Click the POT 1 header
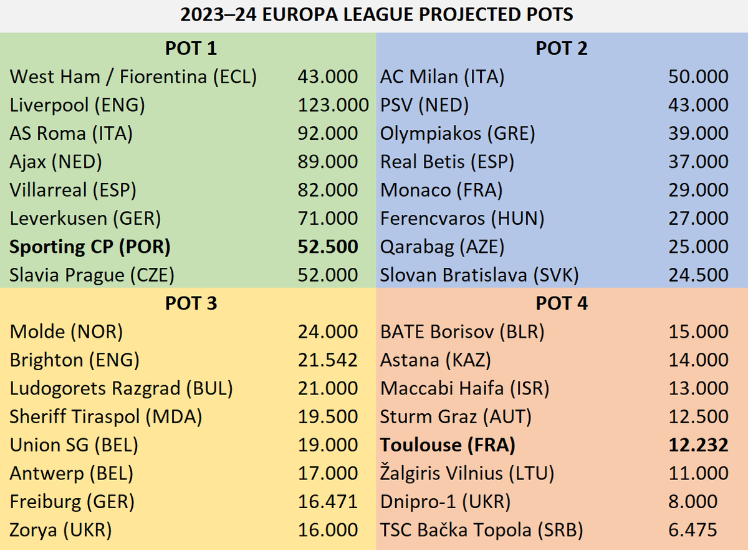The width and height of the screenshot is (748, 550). pyautogui.click(x=191, y=48)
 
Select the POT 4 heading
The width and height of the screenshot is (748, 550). pyautogui.click(x=562, y=303)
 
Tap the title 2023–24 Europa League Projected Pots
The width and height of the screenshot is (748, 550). pyautogui.click(x=374, y=15)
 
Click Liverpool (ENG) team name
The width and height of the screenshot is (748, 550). pyautogui.click(x=77, y=105)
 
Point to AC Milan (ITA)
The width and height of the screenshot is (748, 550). pyautogui.click(x=443, y=77)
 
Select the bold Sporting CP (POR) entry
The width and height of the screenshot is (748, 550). pyautogui.click(x=90, y=247)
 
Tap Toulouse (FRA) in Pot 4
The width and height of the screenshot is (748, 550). pyautogui.click(x=448, y=445)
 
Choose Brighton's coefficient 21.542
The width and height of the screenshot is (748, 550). pyautogui.click(x=328, y=360)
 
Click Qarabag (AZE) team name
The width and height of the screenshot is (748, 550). pyautogui.click(x=442, y=247)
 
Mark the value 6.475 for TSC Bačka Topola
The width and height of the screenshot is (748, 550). pyautogui.click(x=693, y=531)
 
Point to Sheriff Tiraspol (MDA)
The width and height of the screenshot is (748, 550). pyautogui.click(x=106, y=417)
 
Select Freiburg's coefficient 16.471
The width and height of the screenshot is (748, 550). pyautogui.click(x=328, y=502)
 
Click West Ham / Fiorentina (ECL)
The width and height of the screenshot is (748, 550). pyautogui.click(x=133, y=77)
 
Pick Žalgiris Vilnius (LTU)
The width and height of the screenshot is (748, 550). pyautogui.click(x=467, y=474)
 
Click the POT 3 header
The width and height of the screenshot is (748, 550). pyautogui.click(x=191, y=303)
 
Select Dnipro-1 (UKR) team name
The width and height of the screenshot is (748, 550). pyautogui.click(x=445, y=502)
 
